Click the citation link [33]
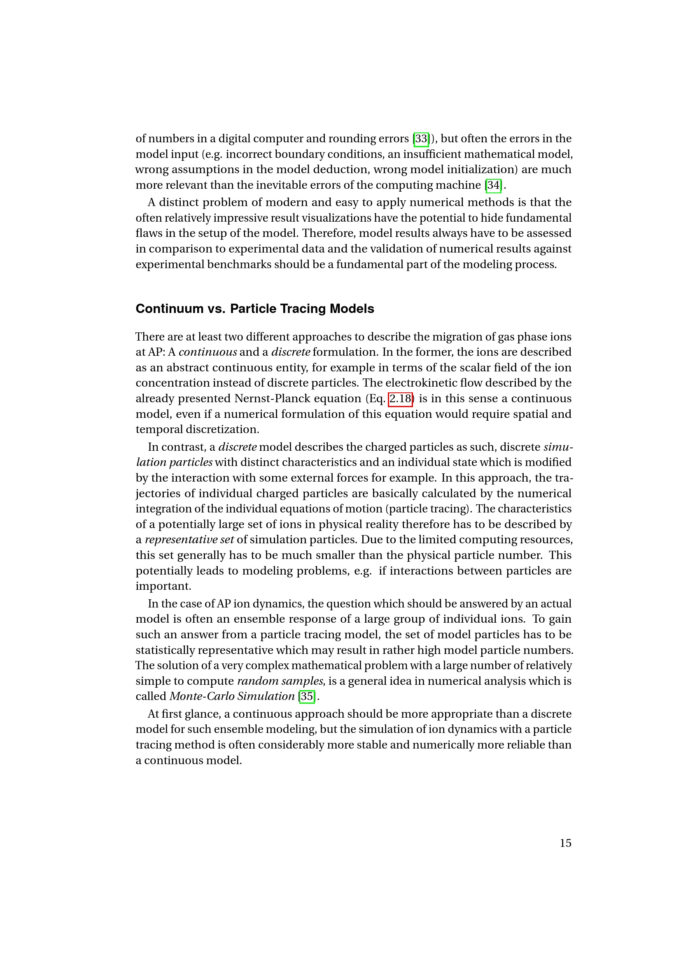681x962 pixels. tap(421, 139)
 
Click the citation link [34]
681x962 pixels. tap(493, 185)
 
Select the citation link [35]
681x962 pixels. tap(307, 696)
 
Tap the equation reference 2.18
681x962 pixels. tap(401, 399)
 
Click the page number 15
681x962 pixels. tap(565, 843)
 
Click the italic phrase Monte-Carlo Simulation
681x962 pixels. tap(232, 696)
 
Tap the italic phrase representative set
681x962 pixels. tap(189, 540)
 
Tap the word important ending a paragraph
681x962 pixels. tap(163, 586)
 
